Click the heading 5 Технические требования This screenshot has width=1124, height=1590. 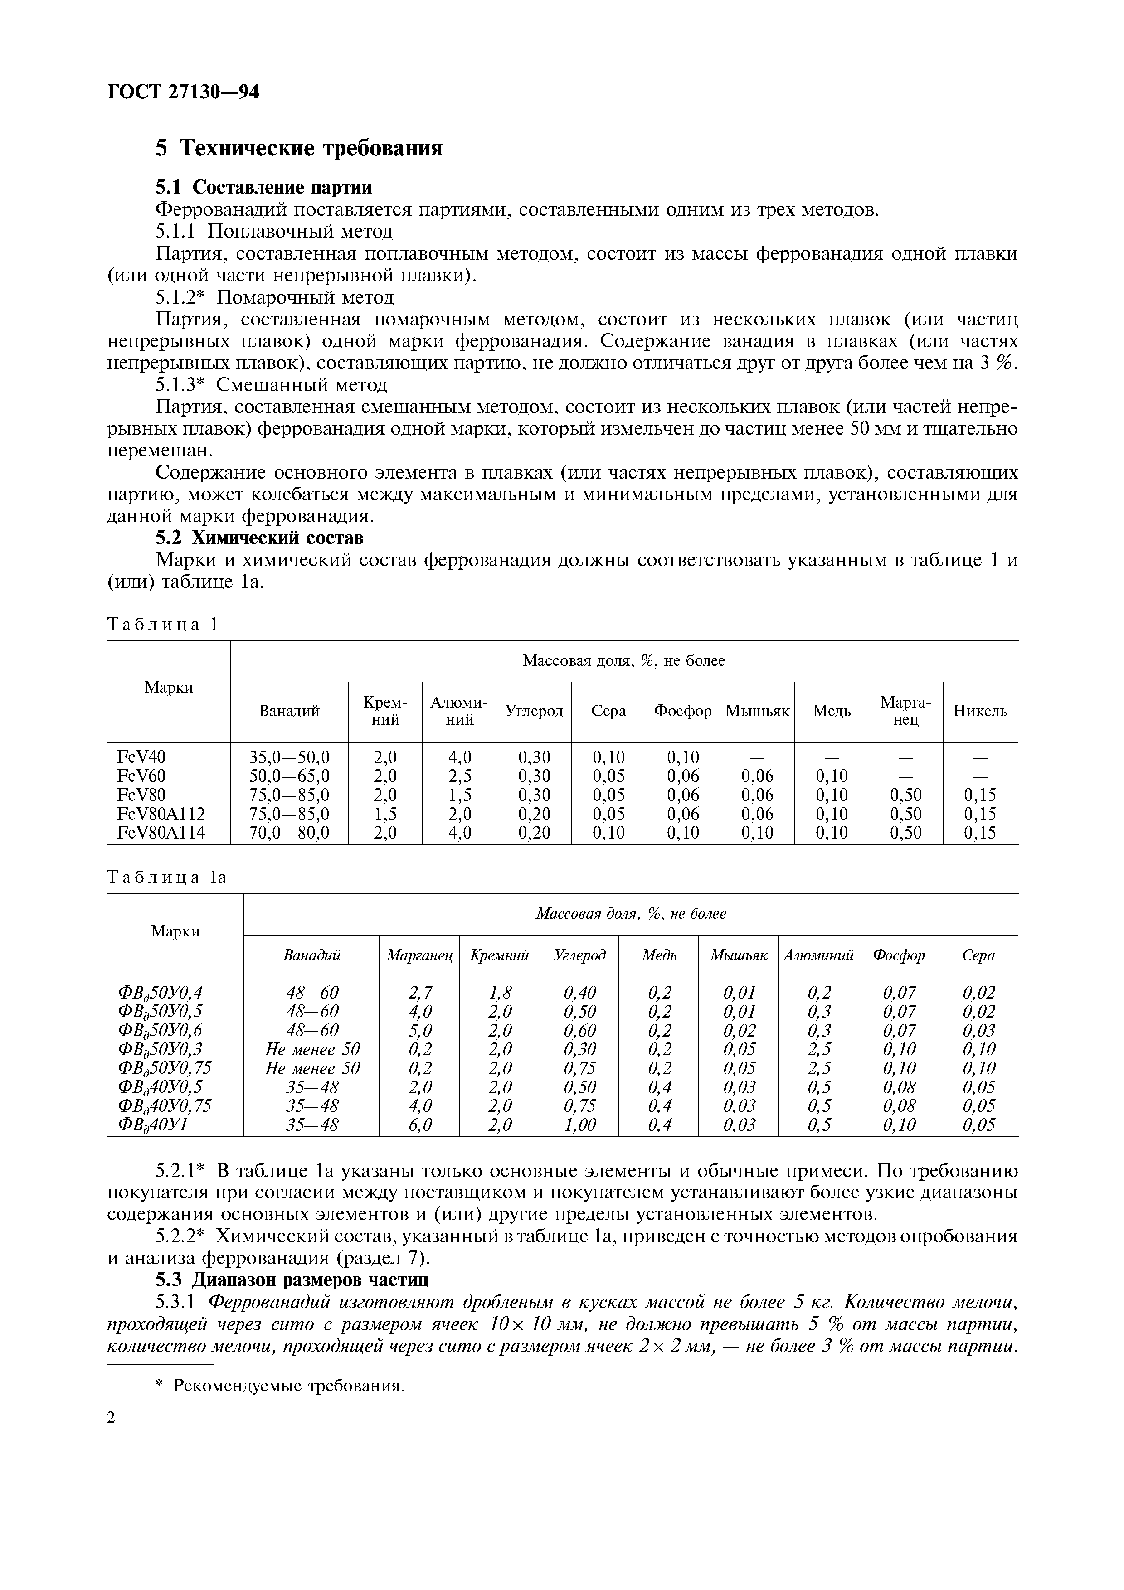point(298,148)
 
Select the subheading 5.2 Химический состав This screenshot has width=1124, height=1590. point(259,538)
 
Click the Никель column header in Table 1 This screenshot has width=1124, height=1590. point(980,711)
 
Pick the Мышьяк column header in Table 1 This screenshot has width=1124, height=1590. point(757,711)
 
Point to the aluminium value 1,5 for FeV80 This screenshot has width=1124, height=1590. point(459,794)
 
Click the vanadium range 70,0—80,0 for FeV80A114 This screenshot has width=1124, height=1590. point(289,833)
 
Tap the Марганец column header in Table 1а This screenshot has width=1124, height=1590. point(419,955)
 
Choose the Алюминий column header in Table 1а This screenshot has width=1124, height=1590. point(818,955)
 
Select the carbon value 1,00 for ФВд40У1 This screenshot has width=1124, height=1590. point(579,1125)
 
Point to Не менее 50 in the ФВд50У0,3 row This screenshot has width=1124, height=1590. point(312,1049)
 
